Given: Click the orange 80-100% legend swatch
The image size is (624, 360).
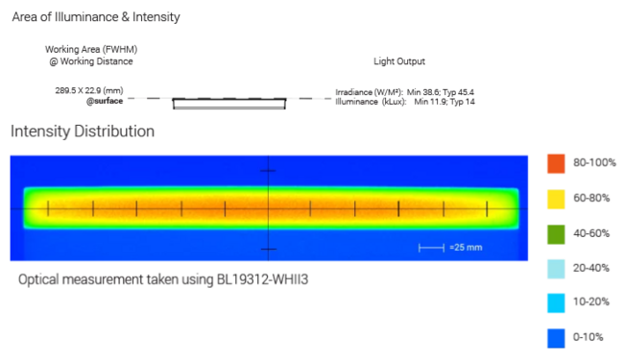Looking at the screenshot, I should pyautogui.click(x=555, y=163).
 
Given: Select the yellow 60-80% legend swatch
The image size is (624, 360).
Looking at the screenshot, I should pyautogui.click(x=555, y=198).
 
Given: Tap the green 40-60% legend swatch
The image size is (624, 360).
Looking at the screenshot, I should pyautogui.click(x=555, y=232).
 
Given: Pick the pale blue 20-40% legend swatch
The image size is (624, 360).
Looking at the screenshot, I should pyautogui.click(x=555, y=268).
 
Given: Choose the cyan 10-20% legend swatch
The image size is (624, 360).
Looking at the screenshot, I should pyautogui.click(x=555, y=303).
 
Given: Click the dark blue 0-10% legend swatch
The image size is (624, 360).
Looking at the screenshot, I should pyautogui.click(x=555, y=338).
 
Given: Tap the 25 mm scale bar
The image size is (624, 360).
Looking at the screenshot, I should pyautogui.click(x=431, y=248).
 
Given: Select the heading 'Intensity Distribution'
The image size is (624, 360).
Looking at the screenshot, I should pyautogui.click(x=82, y=131).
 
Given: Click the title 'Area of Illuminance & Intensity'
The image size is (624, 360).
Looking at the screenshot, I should pyautogui.click(x=96, y=17).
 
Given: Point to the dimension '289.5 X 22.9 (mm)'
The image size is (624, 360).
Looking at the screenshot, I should pyautogui.click(x=89, y=90).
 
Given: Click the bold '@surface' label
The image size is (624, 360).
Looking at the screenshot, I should pyautogui.click(x=104, y=101).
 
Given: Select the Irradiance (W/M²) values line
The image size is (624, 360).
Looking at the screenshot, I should pyautogui.click(x=404, y=91).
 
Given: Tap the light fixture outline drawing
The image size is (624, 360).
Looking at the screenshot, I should pyautogui.click(x=228, y=102).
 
